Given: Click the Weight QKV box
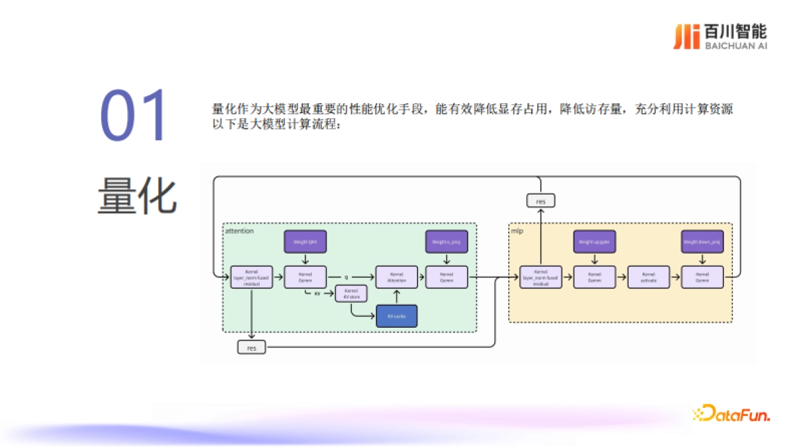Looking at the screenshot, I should (305, 242).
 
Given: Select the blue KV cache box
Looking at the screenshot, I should (397, 316).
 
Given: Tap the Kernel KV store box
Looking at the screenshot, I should (351, 293).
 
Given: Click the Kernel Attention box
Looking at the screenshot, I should (397, 277).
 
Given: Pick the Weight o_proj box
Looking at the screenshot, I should (446, 242).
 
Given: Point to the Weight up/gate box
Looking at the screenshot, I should (594, 242).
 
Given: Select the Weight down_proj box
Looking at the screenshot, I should (702, 242).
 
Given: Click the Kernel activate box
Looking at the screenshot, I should (648, 277).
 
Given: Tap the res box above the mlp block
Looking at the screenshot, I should (541, 200).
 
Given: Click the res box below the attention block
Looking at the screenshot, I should (252, 347).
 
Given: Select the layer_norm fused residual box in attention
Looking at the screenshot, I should (252, 277).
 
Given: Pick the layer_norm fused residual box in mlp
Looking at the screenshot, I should (541, 277).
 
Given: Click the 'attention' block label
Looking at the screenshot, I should (239, 231).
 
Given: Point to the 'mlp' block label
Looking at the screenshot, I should (517, 231).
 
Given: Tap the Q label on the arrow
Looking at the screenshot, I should (346, 277).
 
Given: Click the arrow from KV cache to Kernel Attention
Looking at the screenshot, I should (397, 297).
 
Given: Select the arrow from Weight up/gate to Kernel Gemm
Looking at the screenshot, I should (594, 259).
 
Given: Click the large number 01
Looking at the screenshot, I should (136, 117).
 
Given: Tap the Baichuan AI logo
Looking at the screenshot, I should (719, 36).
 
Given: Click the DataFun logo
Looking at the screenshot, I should (731, 414).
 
